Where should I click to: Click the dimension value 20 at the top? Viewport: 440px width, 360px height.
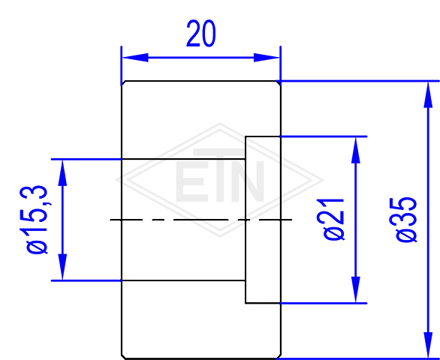click(201, 33)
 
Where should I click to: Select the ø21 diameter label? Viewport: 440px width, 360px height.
click(333, 219)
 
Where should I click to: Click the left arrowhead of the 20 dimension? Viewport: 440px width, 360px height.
click(135, 58)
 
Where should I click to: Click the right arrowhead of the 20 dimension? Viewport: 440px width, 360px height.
click(267, 58)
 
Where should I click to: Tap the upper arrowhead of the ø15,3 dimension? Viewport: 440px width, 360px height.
click(62, 173)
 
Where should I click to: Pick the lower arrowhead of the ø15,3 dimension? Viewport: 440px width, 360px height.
click(62, 267)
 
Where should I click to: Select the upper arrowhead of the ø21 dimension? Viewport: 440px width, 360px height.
click(356, 150)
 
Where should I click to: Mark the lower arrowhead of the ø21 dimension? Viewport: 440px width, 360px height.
click(356, 289)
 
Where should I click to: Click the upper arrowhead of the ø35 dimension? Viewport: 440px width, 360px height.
click(428, 94)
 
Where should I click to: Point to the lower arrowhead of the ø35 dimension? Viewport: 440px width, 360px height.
click(428, 345)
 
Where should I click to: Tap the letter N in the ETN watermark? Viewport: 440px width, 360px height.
click(249, 181)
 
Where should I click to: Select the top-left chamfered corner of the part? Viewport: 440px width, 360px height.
click(123, 83)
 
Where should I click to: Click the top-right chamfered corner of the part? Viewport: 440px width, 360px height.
click(279, 83)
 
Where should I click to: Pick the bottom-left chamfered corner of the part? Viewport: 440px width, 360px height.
click(123, 356)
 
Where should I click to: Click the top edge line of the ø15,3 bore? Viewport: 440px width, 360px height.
click(183, 159)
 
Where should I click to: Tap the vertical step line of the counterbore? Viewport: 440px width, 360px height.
click(246, 220)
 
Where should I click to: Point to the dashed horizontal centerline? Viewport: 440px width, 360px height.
click(201, 220)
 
